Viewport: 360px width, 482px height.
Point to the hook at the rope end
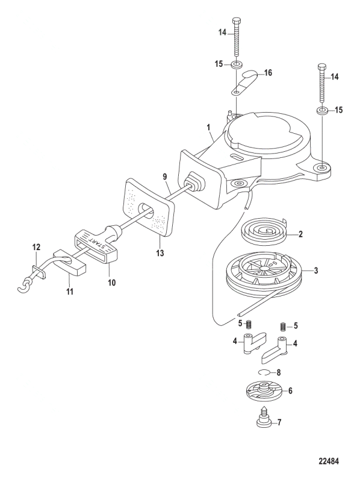pyautogui.click(x=23, y=285)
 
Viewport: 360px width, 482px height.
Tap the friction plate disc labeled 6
pyautogui.click(x=262, y=392)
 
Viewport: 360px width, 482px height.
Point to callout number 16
pyautogui.click(x=267, y=73)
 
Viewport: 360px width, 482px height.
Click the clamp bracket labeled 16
pyautogui.click(x=245, y=83)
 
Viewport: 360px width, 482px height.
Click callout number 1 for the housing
pyautogui.click(x=209, y=127)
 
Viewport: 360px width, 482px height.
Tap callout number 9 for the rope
pyautogui.click(x=164, y=177)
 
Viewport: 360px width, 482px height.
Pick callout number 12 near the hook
pyautogui.click(x=36, y=247)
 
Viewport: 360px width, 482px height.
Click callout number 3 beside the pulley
pyautogui.click(x=316, y=271)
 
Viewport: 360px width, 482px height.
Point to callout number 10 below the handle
pyautogui.click(x=112, y=282)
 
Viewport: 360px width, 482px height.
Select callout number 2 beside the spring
pyautogui.click(x=300, y=234)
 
